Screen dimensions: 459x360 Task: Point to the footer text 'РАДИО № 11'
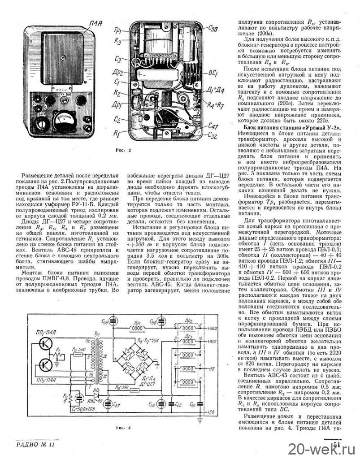[x=37, y=445]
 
